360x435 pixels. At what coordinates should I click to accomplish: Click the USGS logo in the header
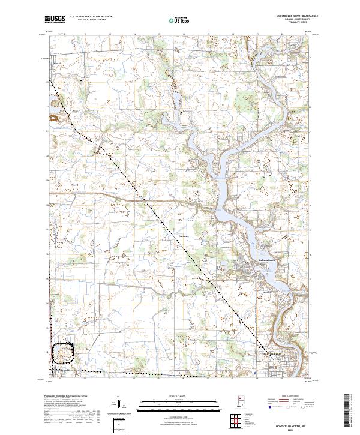click(55, 19)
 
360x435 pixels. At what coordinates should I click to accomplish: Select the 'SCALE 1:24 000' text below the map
click(179, 395)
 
